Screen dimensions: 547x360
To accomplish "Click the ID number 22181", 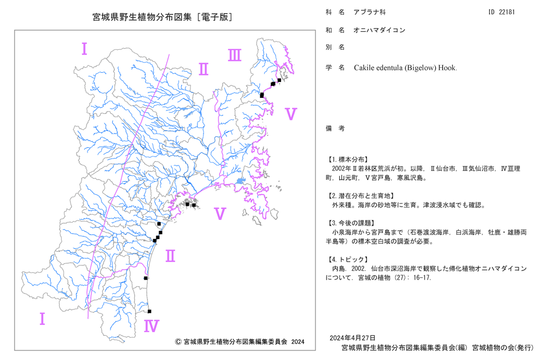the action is tap(507, 12).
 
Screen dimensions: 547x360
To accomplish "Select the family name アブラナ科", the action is tap(369, 12).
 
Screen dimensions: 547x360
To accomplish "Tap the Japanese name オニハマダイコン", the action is tap(379, 30).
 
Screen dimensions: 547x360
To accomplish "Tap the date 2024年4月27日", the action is tap(352, 338).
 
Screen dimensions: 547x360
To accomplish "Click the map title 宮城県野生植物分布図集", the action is tap(142, 17).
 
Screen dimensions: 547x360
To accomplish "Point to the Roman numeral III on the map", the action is tap(235, 55).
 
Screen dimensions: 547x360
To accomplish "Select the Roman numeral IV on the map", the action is tap(152, 326).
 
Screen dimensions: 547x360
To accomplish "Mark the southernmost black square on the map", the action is tap(149, 311).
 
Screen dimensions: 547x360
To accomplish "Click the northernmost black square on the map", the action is tap(279, 80).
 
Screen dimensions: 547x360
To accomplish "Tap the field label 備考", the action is tap(335, 129).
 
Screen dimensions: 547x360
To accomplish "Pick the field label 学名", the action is tap(335, 68).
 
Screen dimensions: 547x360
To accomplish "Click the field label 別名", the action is tap(335, 47).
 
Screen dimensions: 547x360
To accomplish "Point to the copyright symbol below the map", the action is tap(178, 342).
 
